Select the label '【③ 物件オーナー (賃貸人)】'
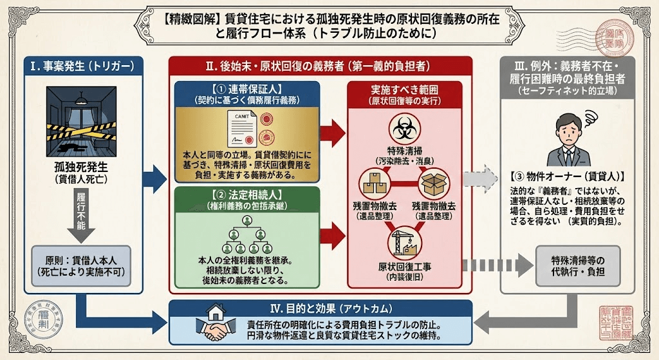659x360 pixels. (568, 175)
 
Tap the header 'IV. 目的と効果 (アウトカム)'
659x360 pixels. (320, 308)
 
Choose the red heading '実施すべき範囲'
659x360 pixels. (404, 90)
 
